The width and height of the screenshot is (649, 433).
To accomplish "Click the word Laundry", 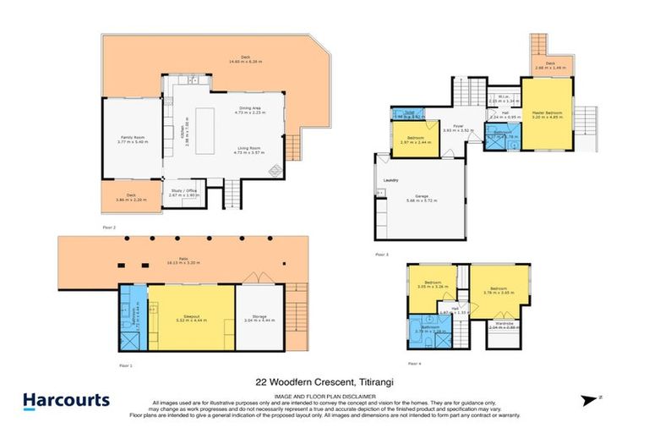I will point(391,180).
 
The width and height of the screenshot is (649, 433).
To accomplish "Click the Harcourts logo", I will point(66,400).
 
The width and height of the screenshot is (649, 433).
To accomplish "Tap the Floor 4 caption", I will point(413,363).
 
